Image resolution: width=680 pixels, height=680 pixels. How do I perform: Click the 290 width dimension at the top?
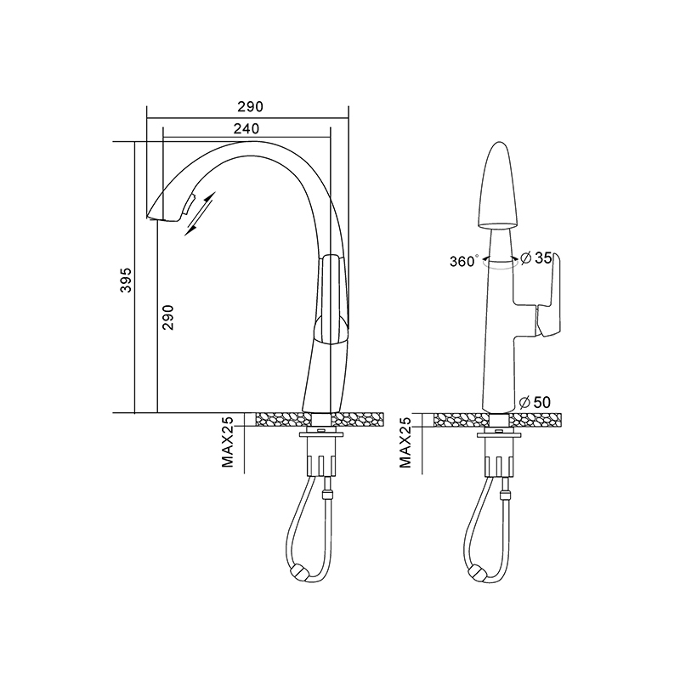pyautogui.click(x=250, y=107)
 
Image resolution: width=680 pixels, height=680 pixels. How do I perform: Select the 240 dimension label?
pyautogui.click(x=246, y=129)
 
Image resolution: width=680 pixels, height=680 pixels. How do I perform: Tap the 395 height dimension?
pyautogui.click(x=126, y=280)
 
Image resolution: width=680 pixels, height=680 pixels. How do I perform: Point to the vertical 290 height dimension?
pyautogui.click(x=167, y=317)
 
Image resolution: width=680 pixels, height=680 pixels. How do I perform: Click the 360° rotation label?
pyautogui.click(x=463, y=261)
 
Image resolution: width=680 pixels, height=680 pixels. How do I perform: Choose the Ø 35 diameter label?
pyautogui.click(x=536, y=258)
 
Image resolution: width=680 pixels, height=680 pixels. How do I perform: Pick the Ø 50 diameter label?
pyautogui.click(x=535, y=402)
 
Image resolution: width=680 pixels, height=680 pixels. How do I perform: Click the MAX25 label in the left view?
pyautogui.click(x=228, y=442)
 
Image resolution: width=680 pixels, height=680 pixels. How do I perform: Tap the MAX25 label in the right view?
pyautogui.click(x=405, y=442)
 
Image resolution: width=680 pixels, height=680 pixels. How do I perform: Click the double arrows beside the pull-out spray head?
pyautogui.click(x=201, y=214)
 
